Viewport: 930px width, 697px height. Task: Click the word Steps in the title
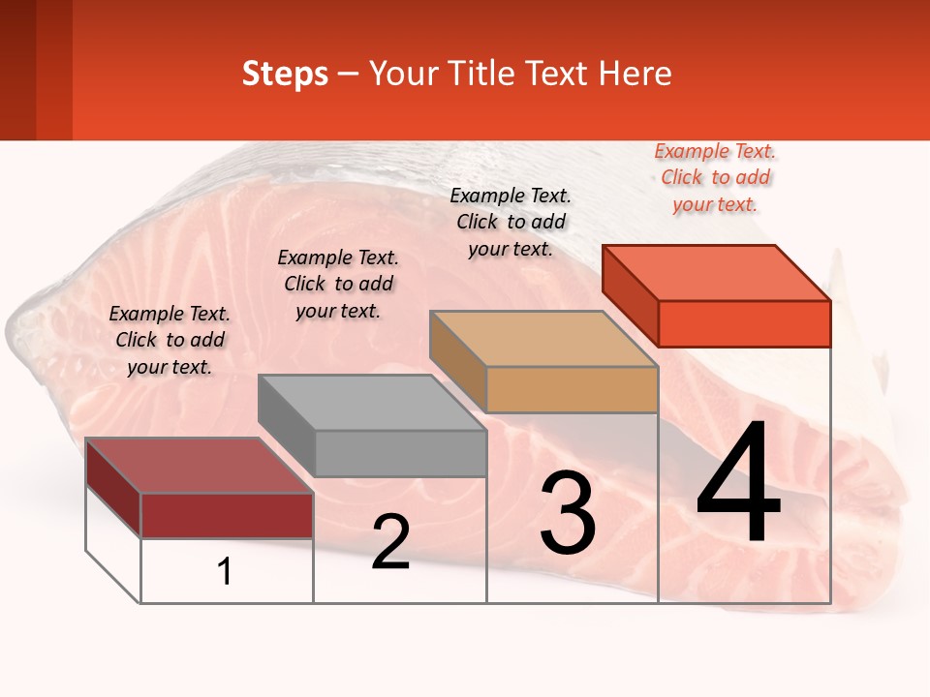(x=285, y=74)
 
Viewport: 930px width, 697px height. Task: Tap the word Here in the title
(x=635, y=74)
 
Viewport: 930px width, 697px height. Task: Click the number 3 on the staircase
(x=568, y=513)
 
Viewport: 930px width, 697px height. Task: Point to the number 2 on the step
(x=390, y=543)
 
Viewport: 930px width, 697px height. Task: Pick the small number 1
(x=225, y=572)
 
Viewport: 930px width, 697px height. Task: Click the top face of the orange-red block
(x=717, y=272)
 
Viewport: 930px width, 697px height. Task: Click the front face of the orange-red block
(x=744, y=323)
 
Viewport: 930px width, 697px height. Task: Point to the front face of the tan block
(x=572, y=390)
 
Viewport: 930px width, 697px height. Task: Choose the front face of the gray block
(x=400, y=453)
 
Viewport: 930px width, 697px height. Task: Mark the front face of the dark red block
(x=227, y=515)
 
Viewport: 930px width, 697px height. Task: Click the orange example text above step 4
(x=715, y=177)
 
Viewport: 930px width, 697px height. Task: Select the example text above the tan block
(x=511, y=222)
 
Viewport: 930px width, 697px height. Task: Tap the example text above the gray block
(x=338, y=284)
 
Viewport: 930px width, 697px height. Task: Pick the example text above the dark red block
(x=170, y=340)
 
